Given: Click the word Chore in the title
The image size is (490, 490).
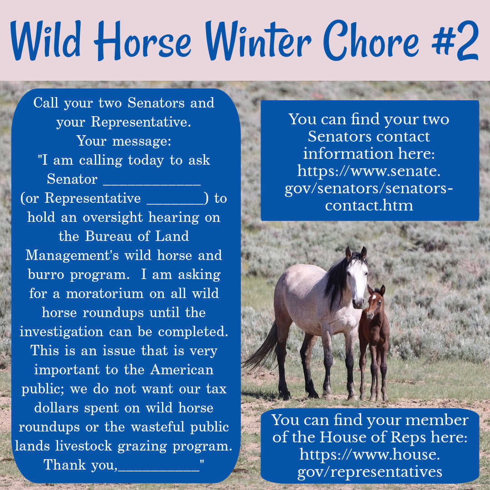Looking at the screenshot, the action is click(x=371, y=40).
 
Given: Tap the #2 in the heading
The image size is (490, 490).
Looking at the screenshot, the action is click(x=455, y=40).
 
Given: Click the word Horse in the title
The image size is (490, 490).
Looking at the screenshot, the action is click(x=142, y=40).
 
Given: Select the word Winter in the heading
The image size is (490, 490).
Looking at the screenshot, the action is click(x=258, y=40).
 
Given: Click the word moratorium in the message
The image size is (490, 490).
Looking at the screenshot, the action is click(x=105, y=294).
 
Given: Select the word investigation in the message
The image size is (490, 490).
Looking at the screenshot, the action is click(x=61, y=332).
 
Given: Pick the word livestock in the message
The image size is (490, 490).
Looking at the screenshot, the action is click(x=83, y=446).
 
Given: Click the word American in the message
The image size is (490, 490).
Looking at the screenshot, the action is click(x=182, y=370).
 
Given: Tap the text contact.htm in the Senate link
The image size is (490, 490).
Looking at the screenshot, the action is click(x=369, y=206).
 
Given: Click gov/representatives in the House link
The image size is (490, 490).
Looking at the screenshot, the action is click(x=370, y=472).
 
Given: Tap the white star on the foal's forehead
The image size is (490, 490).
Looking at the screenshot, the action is click(x=374, y=297).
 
